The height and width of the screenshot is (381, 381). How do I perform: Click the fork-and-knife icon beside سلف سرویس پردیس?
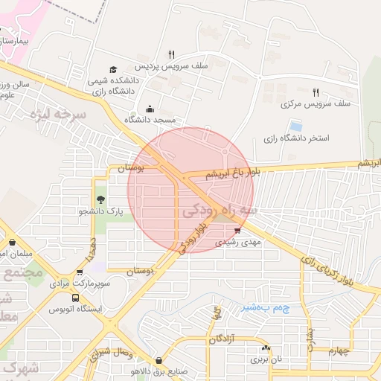[x=172, y=54]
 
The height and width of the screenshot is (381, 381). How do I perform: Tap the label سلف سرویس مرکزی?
[x=287, y=105]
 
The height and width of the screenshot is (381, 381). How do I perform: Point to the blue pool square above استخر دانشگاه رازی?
[x=296, y=125]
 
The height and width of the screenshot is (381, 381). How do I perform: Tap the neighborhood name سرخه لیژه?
[x=59, y=115]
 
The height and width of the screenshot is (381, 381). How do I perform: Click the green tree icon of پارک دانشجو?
[x=99, y=199]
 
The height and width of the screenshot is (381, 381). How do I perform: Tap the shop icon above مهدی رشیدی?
[x=237, y=231]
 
